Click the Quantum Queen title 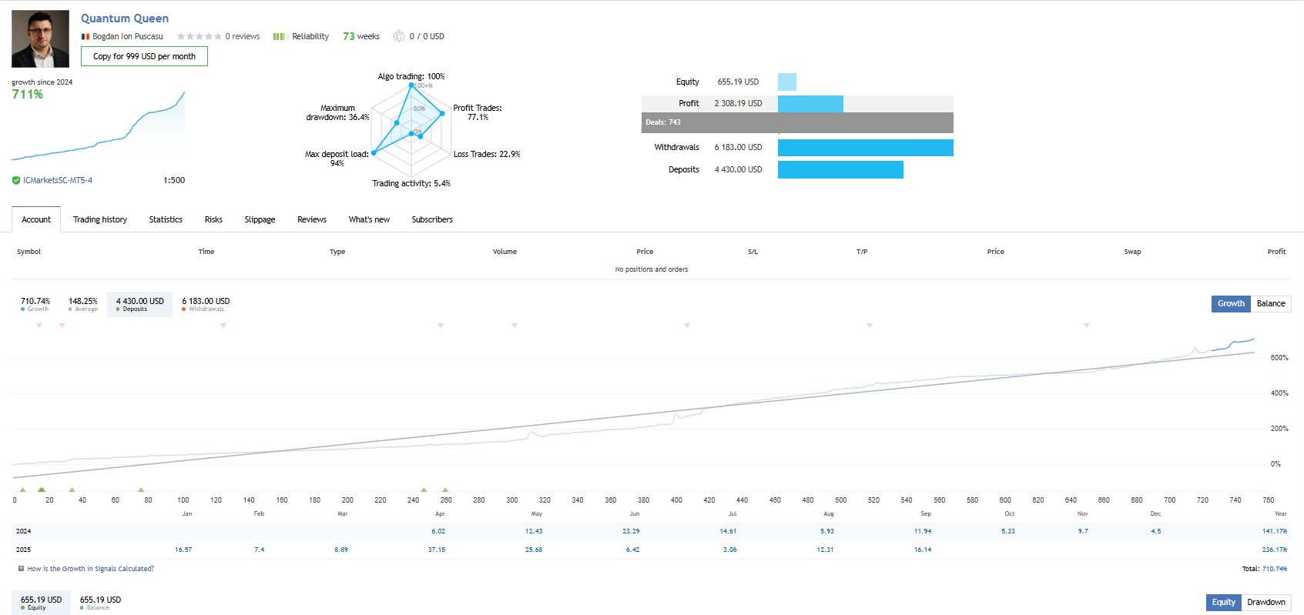(x=125, y=18)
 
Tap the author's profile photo (x=40, y=38)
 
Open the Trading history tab (x=100, y=219)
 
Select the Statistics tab (x=166, y=219)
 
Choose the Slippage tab (x=260, y=219)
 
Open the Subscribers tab (x=432, y=219)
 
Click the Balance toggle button (x=1271, y=303)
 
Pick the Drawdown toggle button (x=1266, y=602)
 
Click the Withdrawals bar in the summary (x=865, y=148)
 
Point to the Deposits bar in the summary (x=840, y=169)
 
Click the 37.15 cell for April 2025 (x=437, y=550)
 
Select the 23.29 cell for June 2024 (x=631, y=531)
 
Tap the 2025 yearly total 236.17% (x=1274, y=550)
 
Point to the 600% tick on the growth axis (x=1279, y=358)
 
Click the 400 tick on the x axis (x=676, y=500)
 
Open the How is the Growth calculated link (x=90, y=569)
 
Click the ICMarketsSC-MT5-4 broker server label (x=58, y=180)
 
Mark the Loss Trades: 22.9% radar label (x=487, y=154)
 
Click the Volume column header (x=505, y=252)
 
